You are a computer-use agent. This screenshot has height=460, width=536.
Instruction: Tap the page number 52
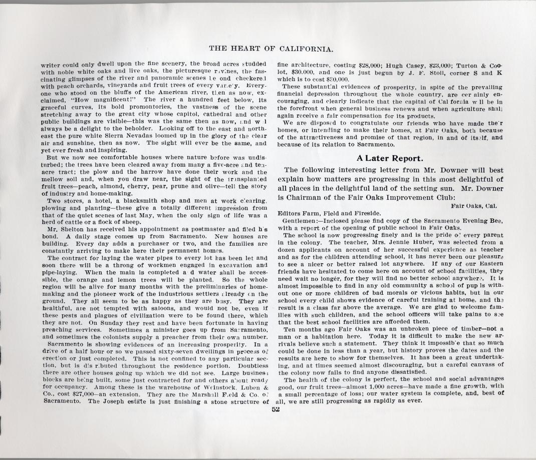pos(275,408)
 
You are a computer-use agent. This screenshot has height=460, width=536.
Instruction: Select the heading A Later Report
pos(390,158)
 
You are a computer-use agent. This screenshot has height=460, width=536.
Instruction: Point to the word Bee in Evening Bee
pos(497,221)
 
